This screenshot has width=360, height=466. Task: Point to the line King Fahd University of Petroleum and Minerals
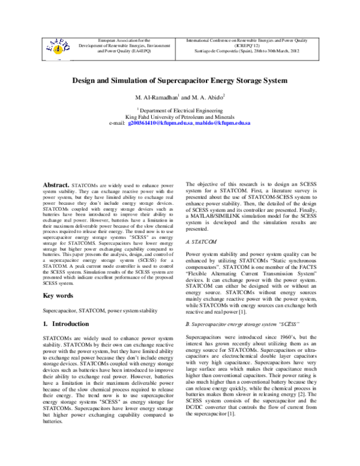coord(180,116)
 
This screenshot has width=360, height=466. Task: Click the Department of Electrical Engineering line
coord(181,110)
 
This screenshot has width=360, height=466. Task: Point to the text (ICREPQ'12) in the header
coord(251,44)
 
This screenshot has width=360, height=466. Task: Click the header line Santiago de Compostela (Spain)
coord(251,51)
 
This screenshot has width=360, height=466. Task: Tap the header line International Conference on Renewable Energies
coord(251,38)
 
